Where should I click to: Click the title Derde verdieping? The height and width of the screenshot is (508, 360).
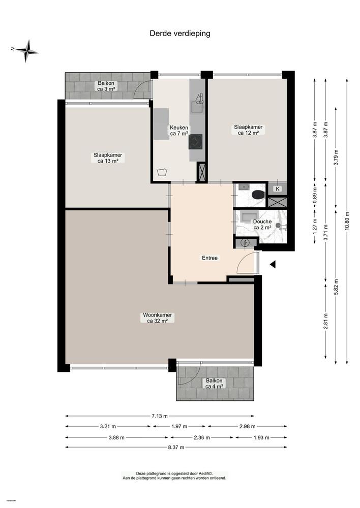click(x=179, y=34)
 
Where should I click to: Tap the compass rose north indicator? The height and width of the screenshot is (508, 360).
click(x=26, y=49)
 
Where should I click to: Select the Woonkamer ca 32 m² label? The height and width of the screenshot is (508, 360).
click(x=157, y=318)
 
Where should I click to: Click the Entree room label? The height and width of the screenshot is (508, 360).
click(x=209, y=258)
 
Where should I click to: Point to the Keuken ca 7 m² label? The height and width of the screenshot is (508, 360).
click(x=179, y=131)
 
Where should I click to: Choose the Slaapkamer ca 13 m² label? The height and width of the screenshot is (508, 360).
click(x=107, y=158)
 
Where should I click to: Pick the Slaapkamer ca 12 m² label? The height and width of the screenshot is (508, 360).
click(x=248, y=130)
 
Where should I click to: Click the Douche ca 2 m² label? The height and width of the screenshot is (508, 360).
click(x=262, y=224)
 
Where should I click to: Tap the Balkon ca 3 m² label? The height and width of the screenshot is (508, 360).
click(x=107, y=86)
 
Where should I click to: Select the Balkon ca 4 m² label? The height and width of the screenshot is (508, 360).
click(x=214, y=384)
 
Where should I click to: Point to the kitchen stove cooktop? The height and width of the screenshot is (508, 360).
click(x=196, y=142)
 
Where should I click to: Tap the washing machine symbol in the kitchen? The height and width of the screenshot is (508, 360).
click(x=163, y=172)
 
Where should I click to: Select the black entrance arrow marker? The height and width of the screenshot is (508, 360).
click(x=273, y=265)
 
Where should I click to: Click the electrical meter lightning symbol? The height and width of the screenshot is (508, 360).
click(x=245, y=243)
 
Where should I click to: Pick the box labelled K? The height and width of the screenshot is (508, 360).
click(x=278, y=189)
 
